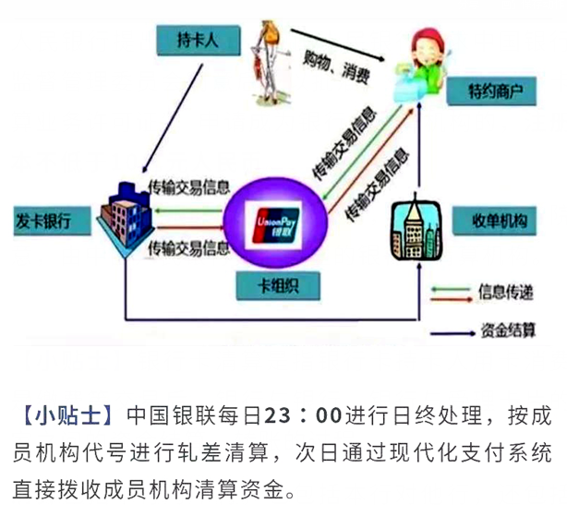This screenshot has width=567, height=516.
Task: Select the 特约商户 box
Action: pyautogui.click(x=497, y=92)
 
